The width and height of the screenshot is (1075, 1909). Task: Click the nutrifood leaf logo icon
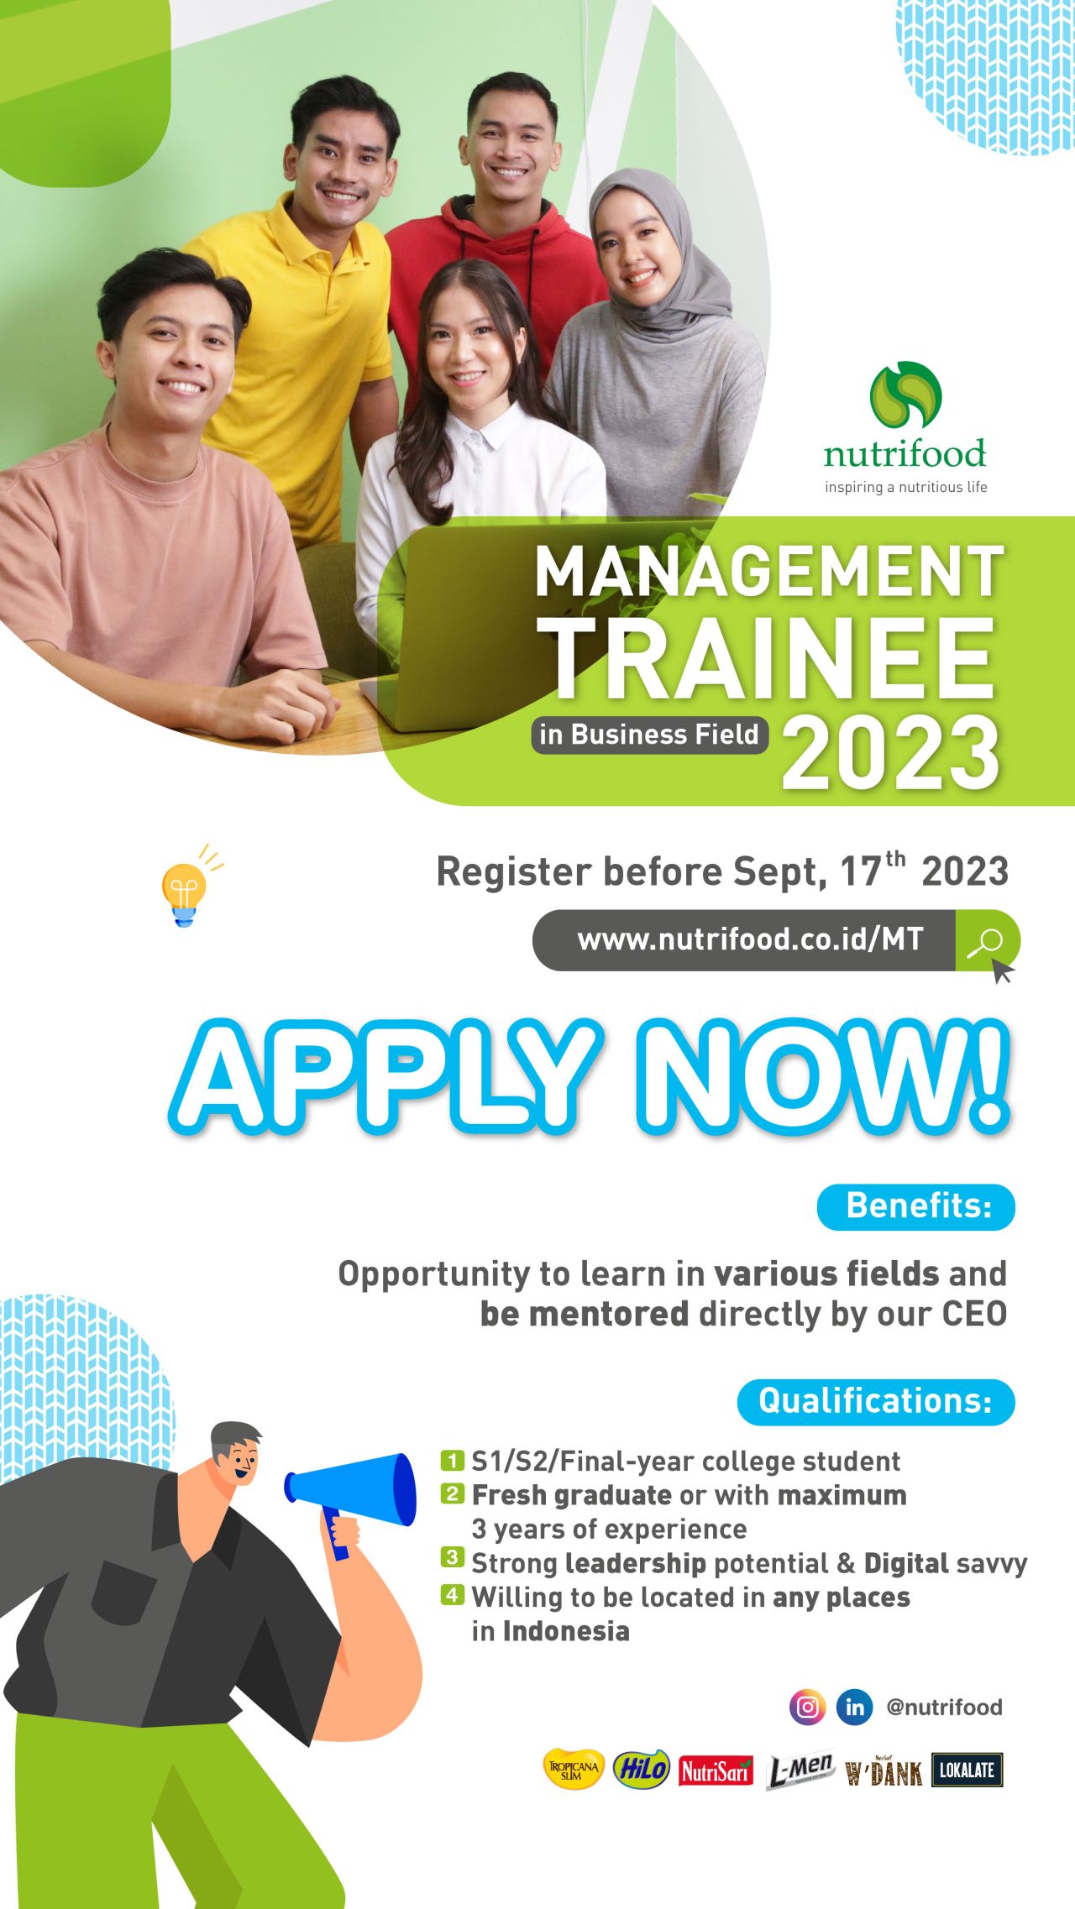click(x=905, y=395)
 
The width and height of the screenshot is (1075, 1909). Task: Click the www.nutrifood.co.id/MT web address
click(x=750, y=939)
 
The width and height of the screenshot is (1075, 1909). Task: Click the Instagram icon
click(x=807, y=1707)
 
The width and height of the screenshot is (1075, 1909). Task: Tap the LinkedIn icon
click(x=854, y=1707)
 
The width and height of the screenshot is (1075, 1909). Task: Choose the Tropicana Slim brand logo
click(x=574, y=1770)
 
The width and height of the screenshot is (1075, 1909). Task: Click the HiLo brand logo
click(x=642, y=1770)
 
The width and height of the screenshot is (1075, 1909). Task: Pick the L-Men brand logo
click(x=800, y=1770)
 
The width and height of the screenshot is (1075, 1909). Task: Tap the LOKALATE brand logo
click(x=967, y=1770)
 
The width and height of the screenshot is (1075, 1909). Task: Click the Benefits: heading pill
click(x=916, y=1206)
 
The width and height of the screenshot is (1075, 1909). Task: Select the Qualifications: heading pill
click(x=876, y=1401)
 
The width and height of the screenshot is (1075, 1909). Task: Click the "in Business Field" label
click(x=650, y=735)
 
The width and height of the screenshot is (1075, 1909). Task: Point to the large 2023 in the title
click(x=891, y=753)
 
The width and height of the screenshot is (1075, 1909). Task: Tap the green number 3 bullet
click(x=452, y=1557)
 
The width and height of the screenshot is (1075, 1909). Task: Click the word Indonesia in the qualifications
click(x=566, y=1630)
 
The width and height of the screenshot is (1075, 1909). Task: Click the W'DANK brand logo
click(x=884, y=1771)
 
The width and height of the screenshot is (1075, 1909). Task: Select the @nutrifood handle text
click(x=944, y=1707)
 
